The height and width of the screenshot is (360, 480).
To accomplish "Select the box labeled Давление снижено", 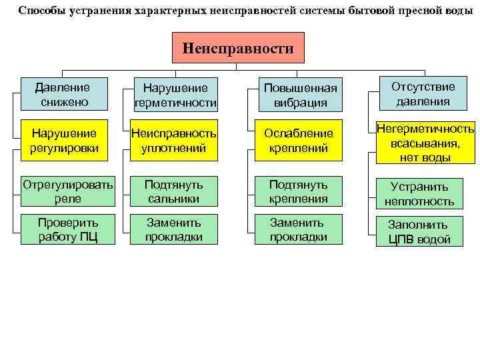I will coord(64,95).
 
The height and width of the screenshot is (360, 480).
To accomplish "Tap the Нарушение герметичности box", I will coord(175,95).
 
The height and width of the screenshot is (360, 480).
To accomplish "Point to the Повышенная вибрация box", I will coord(301,95).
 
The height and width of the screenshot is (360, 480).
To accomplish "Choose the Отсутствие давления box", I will coord(423,95).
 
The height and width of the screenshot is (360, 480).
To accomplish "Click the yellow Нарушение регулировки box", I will coord(64,140).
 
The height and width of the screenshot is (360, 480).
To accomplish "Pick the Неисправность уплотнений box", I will coord(175,140).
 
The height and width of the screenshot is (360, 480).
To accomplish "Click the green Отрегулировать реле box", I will coord(67,190).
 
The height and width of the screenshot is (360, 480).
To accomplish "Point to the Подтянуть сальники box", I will coord(175,190).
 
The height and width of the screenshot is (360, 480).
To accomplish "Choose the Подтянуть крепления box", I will coord(299,190).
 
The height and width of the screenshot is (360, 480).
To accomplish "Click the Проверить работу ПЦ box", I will coord(67,229).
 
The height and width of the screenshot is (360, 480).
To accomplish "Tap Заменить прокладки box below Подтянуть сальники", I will coord(175,229).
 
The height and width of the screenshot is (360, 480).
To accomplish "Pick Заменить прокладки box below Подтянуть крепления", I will coord(299,229).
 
